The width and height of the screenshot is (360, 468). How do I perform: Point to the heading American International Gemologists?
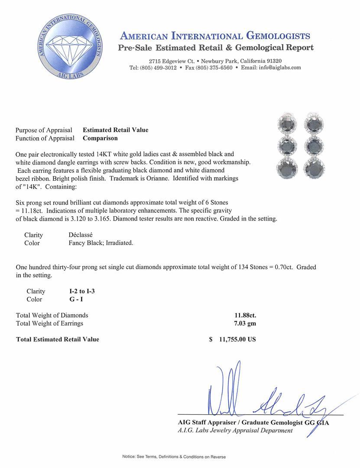coord(215,36)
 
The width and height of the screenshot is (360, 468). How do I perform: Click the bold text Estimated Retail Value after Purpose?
coord(116,130)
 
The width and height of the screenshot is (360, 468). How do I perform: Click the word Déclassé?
coord(81,235)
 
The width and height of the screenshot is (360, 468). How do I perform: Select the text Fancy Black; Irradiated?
coord(101,243)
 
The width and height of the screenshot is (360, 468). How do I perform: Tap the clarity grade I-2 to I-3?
coord(79,291)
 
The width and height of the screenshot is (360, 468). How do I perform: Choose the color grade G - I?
coord(71,299)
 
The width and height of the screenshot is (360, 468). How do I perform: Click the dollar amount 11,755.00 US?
coord(238,339)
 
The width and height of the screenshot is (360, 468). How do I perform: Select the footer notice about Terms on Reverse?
coord(174,457)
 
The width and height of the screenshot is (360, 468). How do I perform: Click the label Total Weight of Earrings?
coord(49,323)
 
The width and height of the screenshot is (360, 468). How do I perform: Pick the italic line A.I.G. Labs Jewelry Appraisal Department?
coord(235,431)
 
